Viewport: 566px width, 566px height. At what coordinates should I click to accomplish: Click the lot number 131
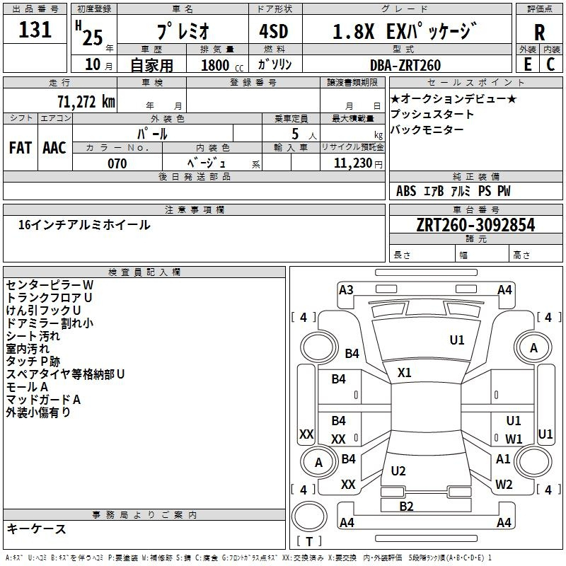click(x=35, y=29)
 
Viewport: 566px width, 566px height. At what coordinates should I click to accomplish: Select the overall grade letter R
click(x=539, y=32)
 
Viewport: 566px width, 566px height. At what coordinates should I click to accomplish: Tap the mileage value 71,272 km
click(x=86, y=101)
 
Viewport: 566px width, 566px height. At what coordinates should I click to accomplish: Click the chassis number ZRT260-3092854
click(x=475, y=224)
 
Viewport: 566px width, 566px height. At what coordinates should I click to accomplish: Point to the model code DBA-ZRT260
click(x=405, y=65)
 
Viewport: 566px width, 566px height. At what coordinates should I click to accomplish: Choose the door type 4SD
click(x=274, y=31)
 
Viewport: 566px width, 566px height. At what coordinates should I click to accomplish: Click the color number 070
click(x=117, y=163)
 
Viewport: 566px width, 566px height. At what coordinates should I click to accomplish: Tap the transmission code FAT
click(x=21, y=148)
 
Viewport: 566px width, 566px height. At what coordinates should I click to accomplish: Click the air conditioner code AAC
click(x=54, y=148)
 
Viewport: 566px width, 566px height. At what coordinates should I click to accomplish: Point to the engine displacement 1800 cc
click(x=222, y=65)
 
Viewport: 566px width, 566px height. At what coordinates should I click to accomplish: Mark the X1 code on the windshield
click(x=404, y=372)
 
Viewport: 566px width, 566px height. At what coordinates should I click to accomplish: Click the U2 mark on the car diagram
click(x=398, y=470)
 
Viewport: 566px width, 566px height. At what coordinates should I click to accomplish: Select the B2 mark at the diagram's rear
click(x=406, y=506)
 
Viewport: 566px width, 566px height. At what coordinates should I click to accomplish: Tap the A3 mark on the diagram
click(x=346, y=290)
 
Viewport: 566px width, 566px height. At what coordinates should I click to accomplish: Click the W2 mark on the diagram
click(x=504, y=484)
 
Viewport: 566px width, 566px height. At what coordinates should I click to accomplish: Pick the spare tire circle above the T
click(x=309, y=516)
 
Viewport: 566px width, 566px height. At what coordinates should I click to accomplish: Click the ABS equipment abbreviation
click(x=406, y=190)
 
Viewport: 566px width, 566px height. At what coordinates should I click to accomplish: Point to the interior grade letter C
click(x=550, y=64)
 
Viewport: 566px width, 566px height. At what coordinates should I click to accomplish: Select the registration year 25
click(x=93, y=37)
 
